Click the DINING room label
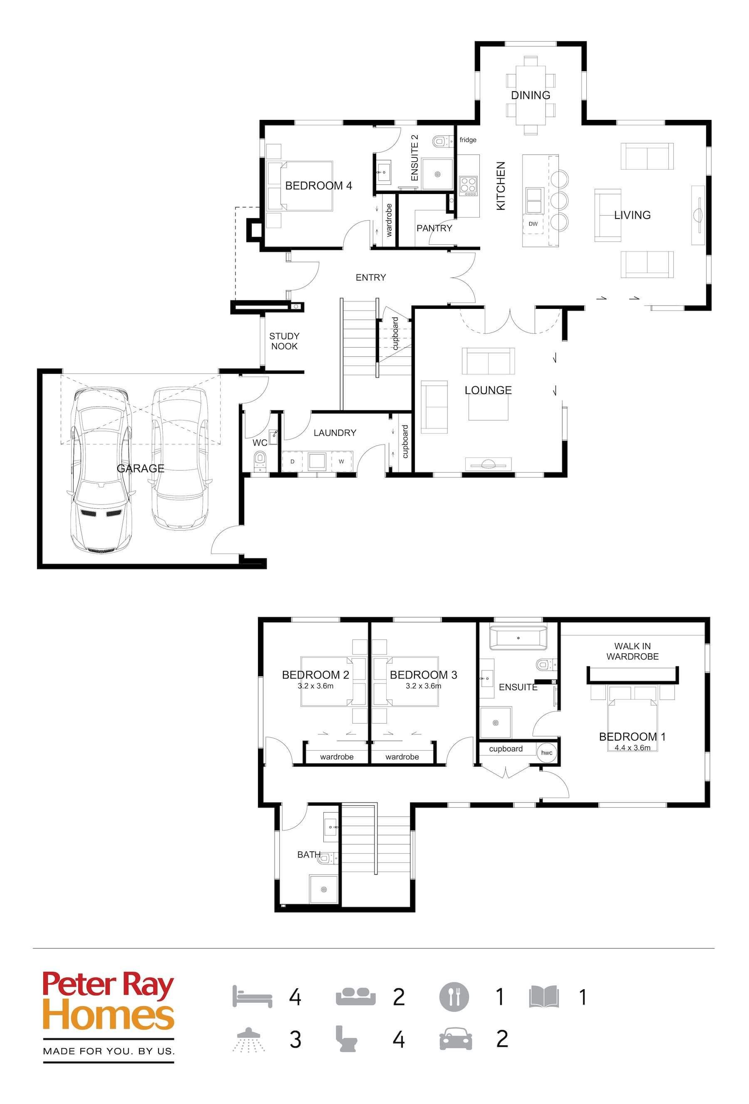click(x=530, y=95)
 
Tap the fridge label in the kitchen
click(x=467, y=139)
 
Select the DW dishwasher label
click(x=533, y=224)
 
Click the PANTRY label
click(x=434, y=228)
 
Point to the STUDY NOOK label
click(x=284, y=341)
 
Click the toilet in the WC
click(x=260, y=460)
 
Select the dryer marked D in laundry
click(x=293, y=461)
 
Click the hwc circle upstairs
click(x=547, y=753)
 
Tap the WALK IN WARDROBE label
click(x=632, y=651)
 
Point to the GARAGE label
click(x=141, y=468)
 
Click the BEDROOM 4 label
click(x=319, y=186)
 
